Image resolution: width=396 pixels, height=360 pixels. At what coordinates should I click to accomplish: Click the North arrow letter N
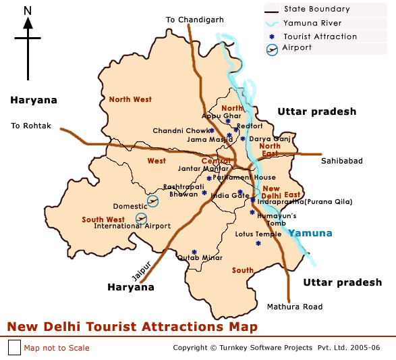[28, 10]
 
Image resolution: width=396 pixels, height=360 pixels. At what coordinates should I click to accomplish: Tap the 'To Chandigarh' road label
[195, 20]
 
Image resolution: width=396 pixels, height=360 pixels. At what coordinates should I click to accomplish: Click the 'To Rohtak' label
[31, 126]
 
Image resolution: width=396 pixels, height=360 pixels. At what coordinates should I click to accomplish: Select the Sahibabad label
[341, 161]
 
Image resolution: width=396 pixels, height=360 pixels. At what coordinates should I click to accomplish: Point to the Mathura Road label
[295, 307]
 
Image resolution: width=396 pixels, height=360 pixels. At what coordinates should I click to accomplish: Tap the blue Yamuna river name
[311, 233]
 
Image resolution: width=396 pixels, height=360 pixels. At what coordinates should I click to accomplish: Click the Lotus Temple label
[258, 234]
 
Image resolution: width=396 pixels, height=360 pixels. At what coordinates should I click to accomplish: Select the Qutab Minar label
[200, 257]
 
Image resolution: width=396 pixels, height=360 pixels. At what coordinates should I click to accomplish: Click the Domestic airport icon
[153, 201]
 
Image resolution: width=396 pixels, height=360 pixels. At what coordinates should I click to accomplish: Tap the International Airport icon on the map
[141, 217]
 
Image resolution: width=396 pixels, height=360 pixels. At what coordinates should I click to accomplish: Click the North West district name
[130, 99]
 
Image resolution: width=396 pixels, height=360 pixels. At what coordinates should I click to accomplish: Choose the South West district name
[103, 220]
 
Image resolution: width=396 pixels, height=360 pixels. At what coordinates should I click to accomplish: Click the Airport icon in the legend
[273, 49]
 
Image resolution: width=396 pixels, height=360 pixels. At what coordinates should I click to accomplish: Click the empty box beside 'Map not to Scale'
[15, 348]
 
